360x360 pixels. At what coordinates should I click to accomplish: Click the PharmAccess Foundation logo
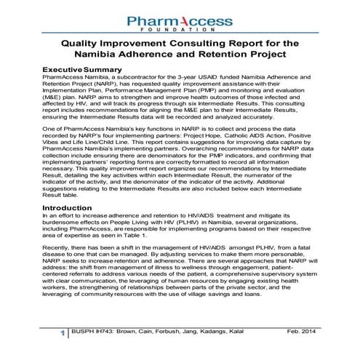181,21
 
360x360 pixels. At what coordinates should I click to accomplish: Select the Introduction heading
68,207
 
